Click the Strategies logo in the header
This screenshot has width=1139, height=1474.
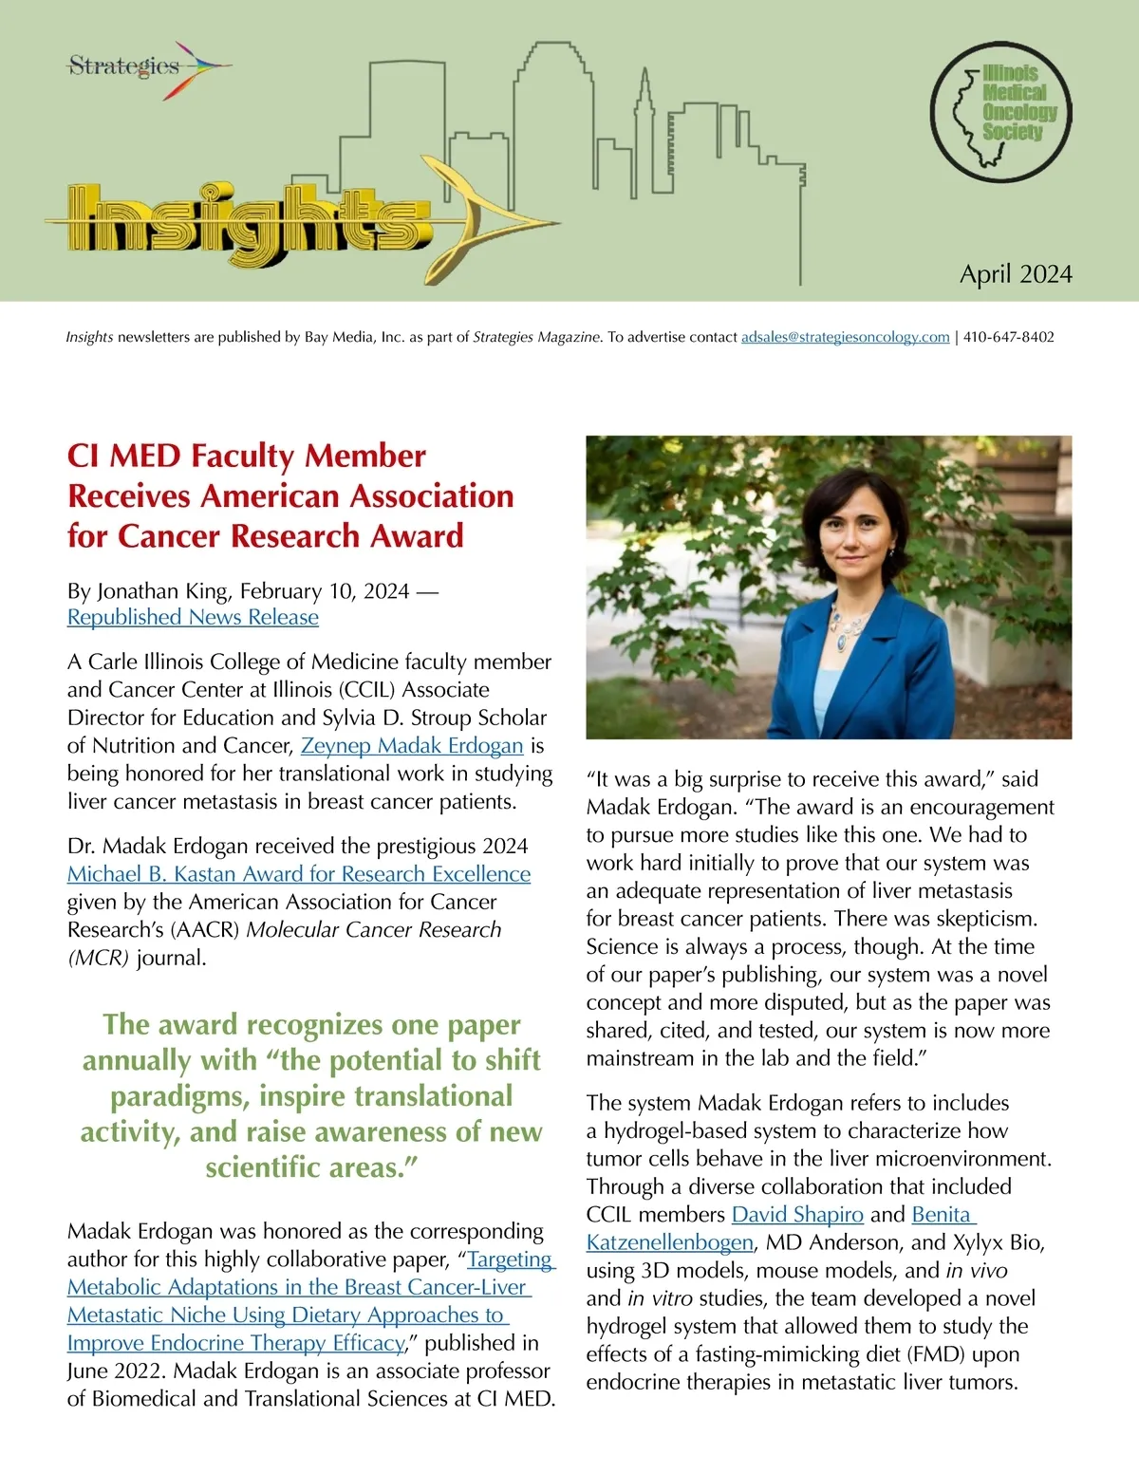coord(142,66)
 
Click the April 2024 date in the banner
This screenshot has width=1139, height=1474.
coord(1016,274)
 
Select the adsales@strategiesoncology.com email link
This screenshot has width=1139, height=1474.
coord(845,337)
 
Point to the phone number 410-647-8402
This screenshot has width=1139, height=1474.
coord(1008,337)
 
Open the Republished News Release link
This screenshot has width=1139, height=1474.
coord(193,617)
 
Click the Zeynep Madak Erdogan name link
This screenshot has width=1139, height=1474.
coord(412,746)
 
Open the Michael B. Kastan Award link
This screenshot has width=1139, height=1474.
coord(298,874)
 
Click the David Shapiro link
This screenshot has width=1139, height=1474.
coord(797,1215)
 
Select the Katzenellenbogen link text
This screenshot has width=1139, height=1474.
coord(670,1242)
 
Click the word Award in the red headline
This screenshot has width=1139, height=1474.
coord(416,536)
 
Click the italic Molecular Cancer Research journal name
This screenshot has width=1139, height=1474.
coord(373,930)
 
